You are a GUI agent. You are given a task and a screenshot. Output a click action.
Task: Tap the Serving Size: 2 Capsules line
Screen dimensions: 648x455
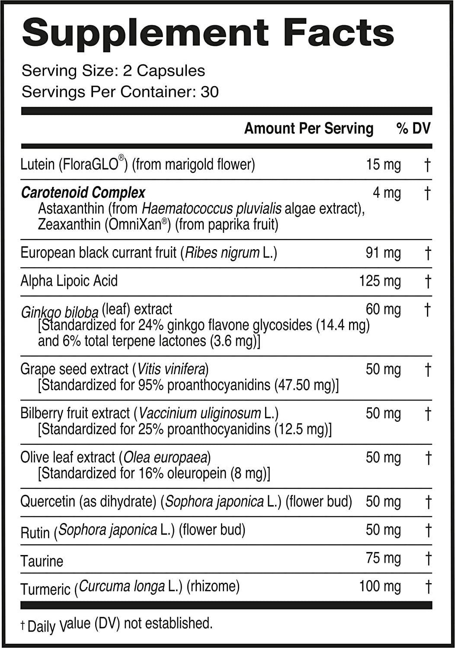tap(113, 71)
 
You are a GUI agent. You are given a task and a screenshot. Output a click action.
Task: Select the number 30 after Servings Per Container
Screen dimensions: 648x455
tap(209, 92)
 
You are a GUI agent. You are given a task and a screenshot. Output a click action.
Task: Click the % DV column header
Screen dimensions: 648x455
tap(413, 128)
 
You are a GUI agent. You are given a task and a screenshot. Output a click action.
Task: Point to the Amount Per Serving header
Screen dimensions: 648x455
tap(308, 128)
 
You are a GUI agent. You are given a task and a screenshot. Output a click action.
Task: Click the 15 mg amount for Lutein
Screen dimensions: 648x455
tap(383, 165)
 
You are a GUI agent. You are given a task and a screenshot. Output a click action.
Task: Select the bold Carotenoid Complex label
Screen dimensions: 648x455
tap(83, 192)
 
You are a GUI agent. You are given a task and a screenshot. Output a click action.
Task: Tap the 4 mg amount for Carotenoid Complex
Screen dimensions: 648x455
tap(387, 193)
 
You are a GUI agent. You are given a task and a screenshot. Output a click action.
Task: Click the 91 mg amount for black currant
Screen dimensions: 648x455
tap(383, 253)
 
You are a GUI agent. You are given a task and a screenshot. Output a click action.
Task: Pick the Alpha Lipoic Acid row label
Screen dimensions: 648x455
tap(69, 281)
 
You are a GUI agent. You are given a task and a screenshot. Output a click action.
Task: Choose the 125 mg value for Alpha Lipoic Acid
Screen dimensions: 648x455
tap(380, 282)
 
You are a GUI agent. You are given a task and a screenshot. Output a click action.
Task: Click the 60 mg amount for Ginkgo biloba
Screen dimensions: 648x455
tap(383, 310)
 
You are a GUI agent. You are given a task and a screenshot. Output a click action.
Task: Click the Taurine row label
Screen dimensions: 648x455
tap(42, 561)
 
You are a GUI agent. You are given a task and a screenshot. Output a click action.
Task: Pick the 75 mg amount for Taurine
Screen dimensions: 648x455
tap(383, 558)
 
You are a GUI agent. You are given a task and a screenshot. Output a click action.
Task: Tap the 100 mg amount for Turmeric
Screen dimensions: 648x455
tap(380, 587)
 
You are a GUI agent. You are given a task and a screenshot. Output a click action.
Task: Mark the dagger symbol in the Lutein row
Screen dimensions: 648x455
tap(427, 165)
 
